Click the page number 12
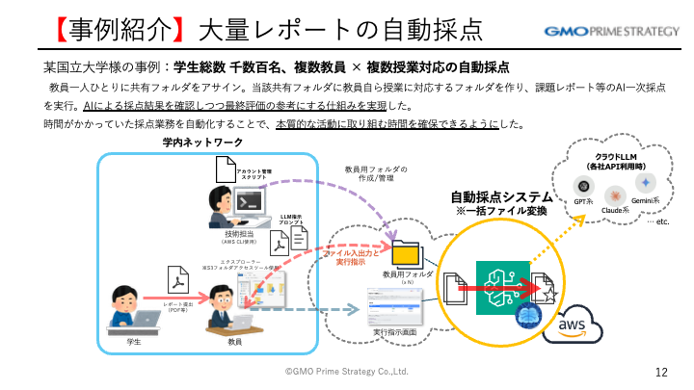(661, 372)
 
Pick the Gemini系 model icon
(645, 182)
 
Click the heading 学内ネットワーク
(202, 143)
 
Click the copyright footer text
(347, 371)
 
